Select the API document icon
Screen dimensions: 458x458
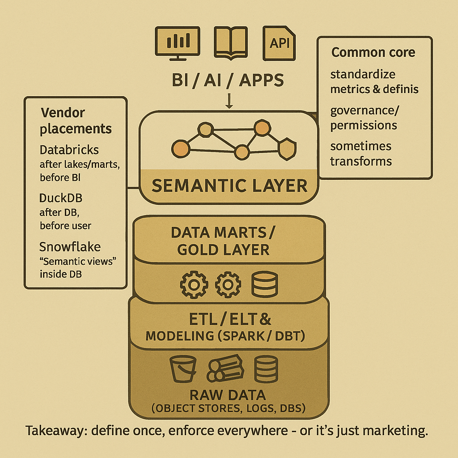pos(280,42)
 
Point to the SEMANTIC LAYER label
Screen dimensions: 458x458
pos(229,185)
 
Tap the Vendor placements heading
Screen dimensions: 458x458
pos(76,121)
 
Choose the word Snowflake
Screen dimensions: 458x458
pos(70,246)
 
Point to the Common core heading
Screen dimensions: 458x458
pos(373,52)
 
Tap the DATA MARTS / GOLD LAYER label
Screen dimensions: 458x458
pos(223,241)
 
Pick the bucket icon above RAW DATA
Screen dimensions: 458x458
pos(183,368)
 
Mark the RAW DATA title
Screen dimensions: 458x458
pos(228,395)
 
